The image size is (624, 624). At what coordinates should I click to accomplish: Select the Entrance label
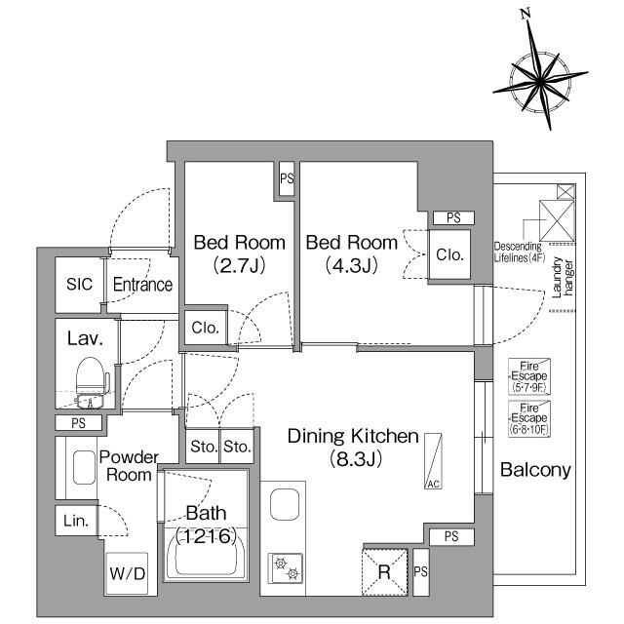(142, 285)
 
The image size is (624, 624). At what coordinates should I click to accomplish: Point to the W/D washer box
(127, 574)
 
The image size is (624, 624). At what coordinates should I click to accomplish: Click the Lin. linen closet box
(77, 521)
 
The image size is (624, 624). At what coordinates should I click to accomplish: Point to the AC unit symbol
(433, 461)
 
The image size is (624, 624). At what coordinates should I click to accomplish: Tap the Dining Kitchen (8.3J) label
(353, 448)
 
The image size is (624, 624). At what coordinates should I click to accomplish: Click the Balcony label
(535, 470)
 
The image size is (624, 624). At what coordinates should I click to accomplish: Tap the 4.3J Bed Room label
(351, 253)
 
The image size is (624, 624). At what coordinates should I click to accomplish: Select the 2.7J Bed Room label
(239, 253)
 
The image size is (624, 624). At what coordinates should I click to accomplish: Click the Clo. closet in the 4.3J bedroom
(449, 254)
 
